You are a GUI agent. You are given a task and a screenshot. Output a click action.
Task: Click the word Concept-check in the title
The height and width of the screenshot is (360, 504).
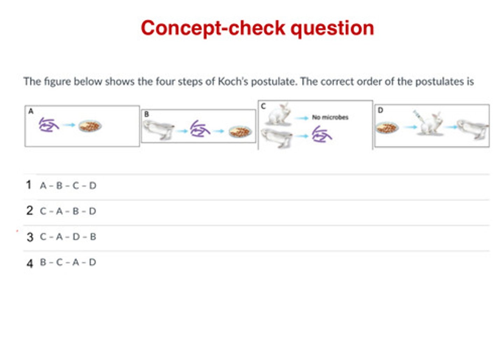(213, 28)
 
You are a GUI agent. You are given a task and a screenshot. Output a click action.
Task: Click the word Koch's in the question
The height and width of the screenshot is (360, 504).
(233, 81)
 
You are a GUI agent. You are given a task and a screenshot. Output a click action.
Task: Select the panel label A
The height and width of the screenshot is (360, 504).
(31, 111)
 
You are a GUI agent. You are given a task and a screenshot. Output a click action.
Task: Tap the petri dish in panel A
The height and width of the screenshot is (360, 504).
(90, 126)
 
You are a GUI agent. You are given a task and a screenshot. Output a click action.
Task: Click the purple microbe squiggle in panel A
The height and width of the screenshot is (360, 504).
(49, 125)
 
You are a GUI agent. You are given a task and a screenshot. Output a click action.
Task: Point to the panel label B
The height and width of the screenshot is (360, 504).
(146, 115)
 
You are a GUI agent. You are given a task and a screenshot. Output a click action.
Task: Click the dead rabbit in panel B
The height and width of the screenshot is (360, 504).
(159, 130)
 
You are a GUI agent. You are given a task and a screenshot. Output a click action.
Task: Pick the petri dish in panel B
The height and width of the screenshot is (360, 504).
(240, 132)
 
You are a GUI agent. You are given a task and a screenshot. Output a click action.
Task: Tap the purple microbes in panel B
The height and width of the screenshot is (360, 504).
(200, 129)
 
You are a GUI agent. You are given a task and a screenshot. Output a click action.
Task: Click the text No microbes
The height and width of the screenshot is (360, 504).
(330, 117)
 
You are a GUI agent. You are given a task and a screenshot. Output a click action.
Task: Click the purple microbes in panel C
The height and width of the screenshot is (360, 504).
(322, 134)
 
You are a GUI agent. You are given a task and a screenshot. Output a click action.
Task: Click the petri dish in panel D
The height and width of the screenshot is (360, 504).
(387, 128)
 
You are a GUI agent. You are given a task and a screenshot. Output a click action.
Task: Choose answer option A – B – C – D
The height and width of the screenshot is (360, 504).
(68, 186)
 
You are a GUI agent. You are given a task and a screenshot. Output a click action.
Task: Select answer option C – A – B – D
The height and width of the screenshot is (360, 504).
(68, 211)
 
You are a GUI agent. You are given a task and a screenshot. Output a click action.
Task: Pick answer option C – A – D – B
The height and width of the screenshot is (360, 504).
(68, 237)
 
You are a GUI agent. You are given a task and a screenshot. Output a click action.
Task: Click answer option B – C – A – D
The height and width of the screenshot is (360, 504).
(68, 262)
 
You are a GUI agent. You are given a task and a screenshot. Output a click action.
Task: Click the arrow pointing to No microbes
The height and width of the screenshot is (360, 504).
(301, 118)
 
